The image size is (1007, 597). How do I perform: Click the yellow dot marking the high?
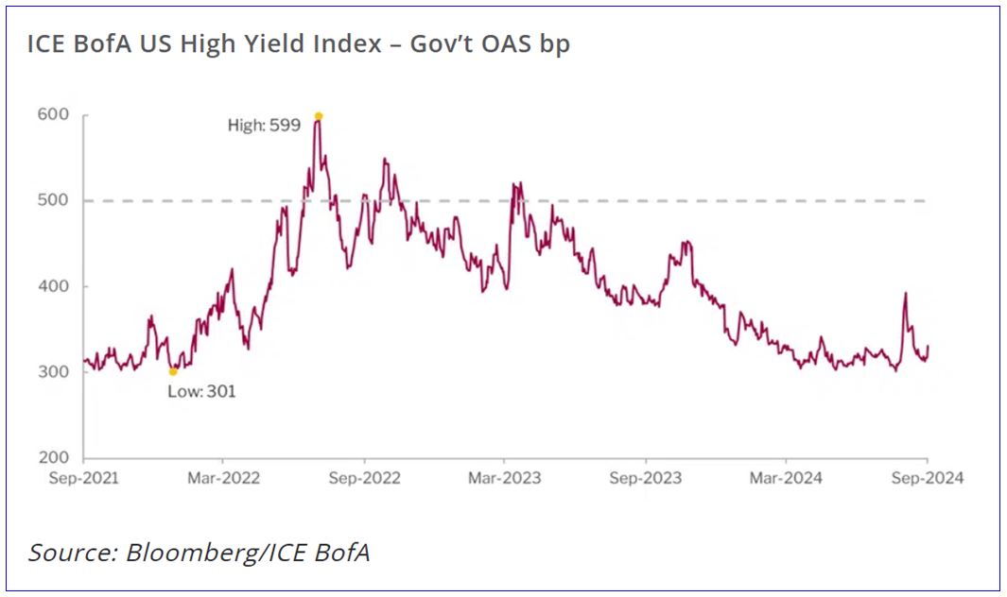(x=319, y=116)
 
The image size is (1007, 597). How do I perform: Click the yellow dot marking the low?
(x=173, y=371)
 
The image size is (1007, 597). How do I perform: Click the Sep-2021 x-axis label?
(x=84, y=478)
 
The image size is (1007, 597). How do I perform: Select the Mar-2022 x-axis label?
(x=224, y=478)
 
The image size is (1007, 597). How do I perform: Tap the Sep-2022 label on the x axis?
(x=364, y=478)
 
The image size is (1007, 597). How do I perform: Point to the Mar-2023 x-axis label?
(x=504, y=478)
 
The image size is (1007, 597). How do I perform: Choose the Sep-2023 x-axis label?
(x=645, y=478)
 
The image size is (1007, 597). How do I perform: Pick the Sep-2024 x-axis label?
(x=927, y=478)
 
